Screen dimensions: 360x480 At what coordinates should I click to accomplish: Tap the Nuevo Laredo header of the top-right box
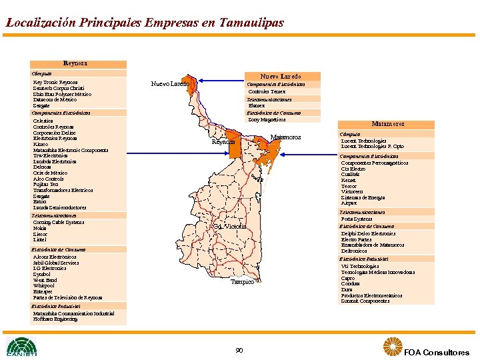click(280, 76)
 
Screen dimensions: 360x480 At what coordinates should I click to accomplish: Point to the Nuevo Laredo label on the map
click(169, 84)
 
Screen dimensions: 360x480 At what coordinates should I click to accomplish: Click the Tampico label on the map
click(242, 282)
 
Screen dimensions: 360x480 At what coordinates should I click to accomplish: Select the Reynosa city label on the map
click(223, 142)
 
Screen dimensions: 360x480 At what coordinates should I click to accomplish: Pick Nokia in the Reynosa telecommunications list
click(40, 228)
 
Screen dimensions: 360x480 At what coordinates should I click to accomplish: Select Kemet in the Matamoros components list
click(349, 180)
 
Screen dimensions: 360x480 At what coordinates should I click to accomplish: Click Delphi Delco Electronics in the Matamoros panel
click(368, 233)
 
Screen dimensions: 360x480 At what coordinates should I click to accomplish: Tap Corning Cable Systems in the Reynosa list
click(59, 222)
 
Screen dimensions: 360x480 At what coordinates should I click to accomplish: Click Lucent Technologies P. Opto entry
click(372, 147)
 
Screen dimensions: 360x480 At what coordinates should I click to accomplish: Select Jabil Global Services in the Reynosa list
click(56, 263)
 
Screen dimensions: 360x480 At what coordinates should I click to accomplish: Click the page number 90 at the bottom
click(239, 351)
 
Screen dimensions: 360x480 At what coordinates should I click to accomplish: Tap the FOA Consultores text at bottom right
click(437, 353)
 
